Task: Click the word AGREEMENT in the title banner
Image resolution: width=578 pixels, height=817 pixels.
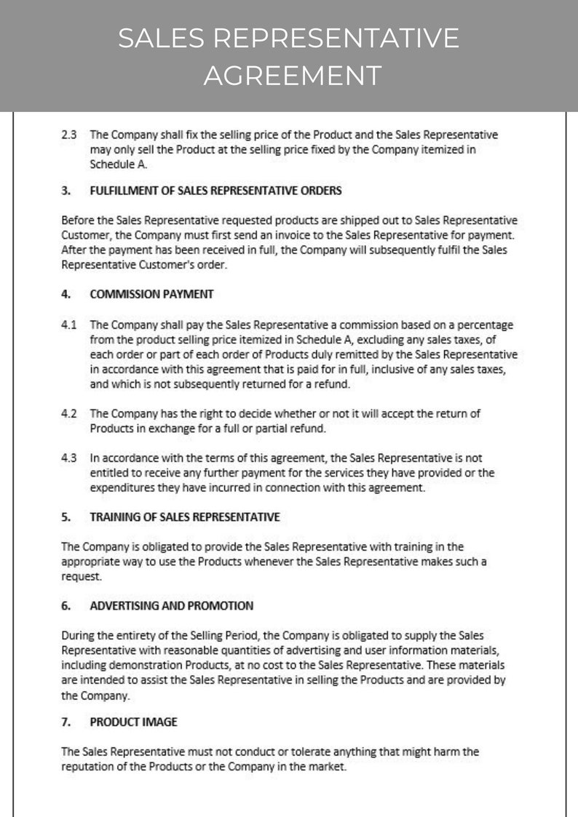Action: [x=292, y=75]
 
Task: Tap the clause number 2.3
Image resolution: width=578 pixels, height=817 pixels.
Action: [x=68, y=135]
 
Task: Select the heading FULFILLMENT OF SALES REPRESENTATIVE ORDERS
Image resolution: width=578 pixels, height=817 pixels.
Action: [x=215, y=191]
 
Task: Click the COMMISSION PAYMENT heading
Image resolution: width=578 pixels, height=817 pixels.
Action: [x=151, y=294]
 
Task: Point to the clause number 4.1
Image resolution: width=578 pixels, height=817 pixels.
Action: [x=68, y=324]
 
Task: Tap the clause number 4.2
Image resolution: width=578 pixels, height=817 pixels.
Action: [x=68, y=413]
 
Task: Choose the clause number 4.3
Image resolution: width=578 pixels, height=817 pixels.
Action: [x=68, y=458]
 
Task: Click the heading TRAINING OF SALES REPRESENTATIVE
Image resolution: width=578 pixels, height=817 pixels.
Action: [x=184, y=517]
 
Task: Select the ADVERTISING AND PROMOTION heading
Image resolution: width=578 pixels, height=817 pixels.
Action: [x=171, y=605]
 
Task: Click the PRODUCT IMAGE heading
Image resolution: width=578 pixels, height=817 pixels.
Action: [x=133, y=722]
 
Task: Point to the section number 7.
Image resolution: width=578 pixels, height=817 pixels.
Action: [x=66, y=722]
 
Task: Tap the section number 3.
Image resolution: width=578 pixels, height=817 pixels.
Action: [x=66, y=191]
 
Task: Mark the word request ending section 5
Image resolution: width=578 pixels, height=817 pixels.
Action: [x=79, y=576]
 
